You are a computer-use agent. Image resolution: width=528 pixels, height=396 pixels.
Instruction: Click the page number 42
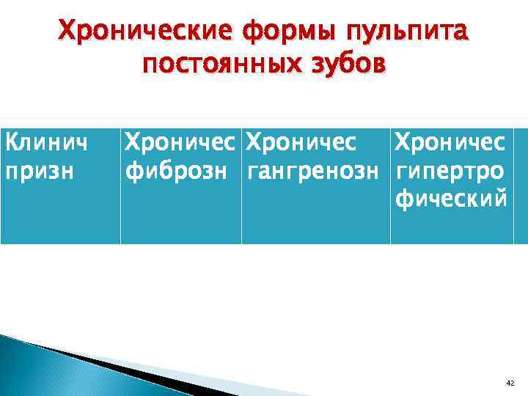510,384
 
